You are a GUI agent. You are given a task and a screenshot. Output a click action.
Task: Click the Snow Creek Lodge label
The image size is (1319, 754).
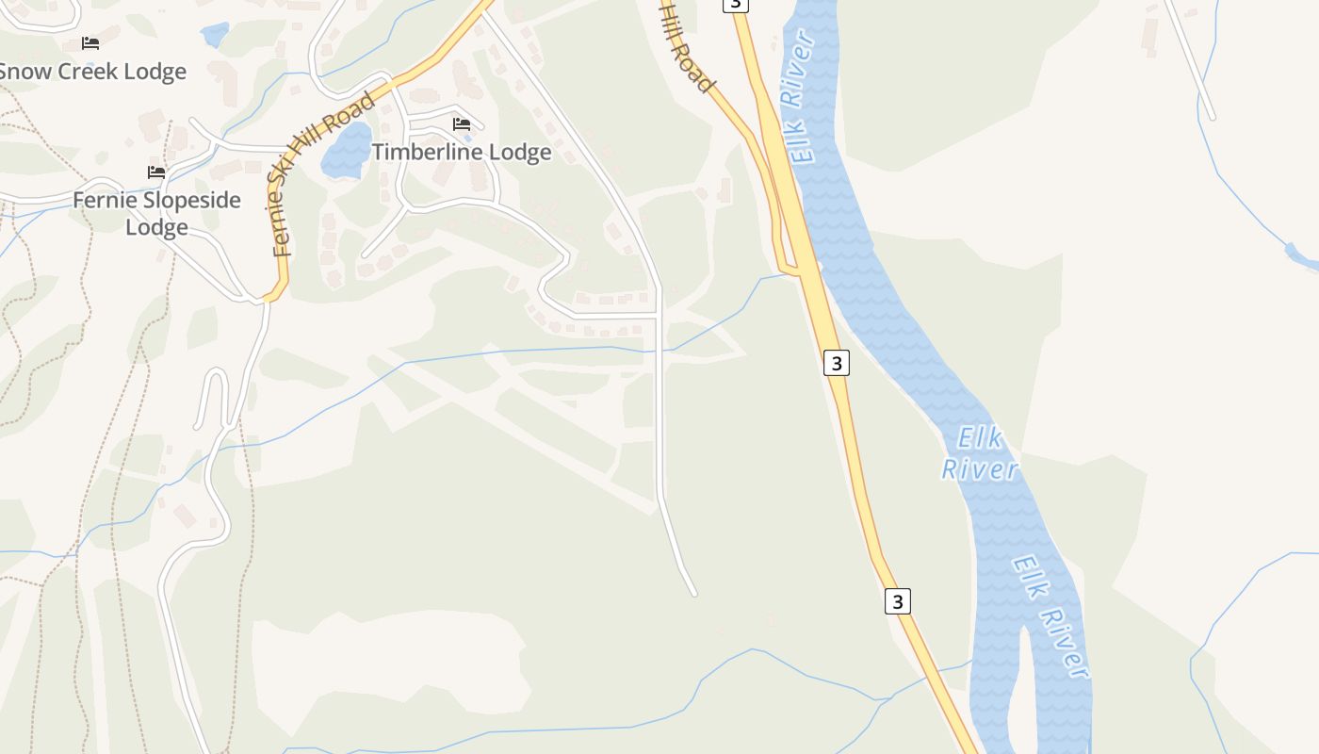coord(92,72)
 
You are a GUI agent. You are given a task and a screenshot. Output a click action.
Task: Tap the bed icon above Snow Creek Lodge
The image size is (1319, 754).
coord(90,43)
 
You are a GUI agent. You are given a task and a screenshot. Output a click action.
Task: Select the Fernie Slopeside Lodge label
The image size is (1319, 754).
coord(156,213)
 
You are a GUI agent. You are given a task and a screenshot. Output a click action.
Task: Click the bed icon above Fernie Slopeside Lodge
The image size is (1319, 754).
coord(156,172)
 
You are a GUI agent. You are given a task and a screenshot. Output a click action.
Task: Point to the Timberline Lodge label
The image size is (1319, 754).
coord(461,152)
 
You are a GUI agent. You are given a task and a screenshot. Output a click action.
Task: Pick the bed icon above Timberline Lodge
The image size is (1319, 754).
coord(462,123)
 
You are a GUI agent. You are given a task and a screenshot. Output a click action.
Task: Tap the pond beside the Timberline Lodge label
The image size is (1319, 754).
coord(347,151)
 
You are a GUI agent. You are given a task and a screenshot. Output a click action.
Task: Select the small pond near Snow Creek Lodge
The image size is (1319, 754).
coord(215,35)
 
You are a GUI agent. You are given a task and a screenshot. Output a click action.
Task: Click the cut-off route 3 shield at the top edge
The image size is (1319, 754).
coord(736,4)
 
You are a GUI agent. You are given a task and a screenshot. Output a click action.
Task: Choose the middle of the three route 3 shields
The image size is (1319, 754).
coord(836,362)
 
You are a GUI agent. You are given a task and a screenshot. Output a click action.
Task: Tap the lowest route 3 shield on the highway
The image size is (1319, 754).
coord(898,600)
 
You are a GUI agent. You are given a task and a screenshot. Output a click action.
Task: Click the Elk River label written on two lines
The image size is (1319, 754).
coord(980,453)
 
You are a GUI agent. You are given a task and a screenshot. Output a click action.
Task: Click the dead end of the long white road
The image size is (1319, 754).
coord(694,594)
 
